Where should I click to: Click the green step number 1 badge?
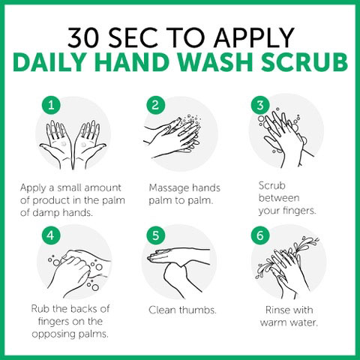pyautogui.click(x=51, y=105)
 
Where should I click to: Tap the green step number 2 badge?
pyautogui.click(x=155, y=105)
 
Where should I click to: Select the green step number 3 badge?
pyautogui.click(x=260, y=105)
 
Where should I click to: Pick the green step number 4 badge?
pyautogui.click(x=51, y=235)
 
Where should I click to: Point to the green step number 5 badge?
pyautogui.click(x=155, y=235)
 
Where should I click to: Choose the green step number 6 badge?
pyautogui.click(x=260, y=235)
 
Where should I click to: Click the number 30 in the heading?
pyautogui.click(x=84, y=37)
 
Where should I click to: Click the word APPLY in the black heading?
pyautogui.click(x=253, y=37)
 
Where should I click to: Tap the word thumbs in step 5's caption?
pyautogui.click(x=198, y=310)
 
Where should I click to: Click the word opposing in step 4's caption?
pyautogui.click(x=53, y=334)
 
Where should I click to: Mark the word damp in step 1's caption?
pyautogui.click(x=46, y=213)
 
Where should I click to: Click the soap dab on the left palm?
pyautogui.click(x=63, y=144)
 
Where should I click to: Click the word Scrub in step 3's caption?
pyautogui.click(x=272, y=186)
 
